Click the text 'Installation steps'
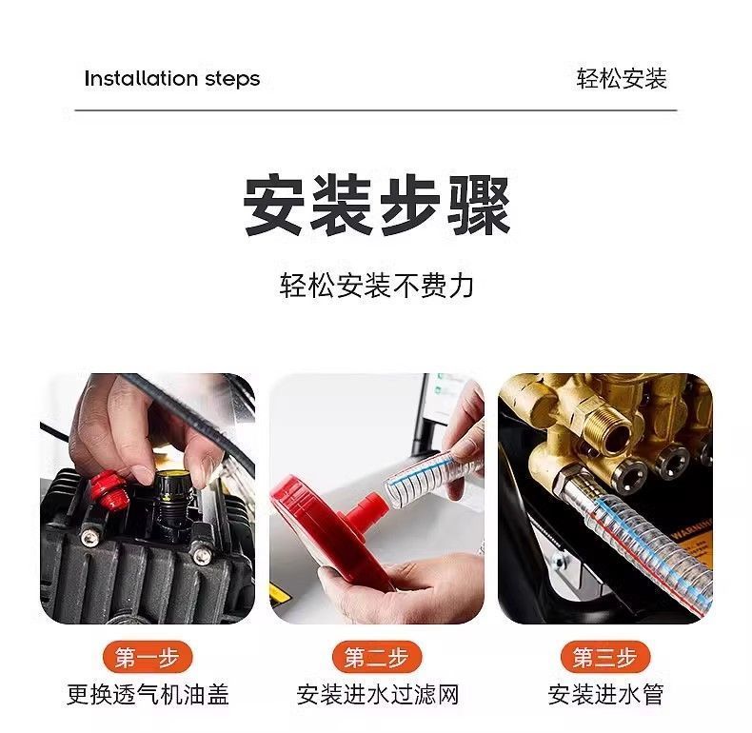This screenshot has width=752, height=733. [x=171, y=79]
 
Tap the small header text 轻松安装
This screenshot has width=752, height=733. [x=622, y=79]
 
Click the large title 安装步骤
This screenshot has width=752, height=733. [x=377, y=206]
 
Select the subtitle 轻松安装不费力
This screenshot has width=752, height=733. [x=377, y=286]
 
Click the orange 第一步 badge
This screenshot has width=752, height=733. [x=148, y=657]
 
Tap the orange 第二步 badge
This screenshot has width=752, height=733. [x=377, y=657]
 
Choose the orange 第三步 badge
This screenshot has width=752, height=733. [x=605, y=657]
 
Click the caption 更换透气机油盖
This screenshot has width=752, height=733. [x=148, y=694]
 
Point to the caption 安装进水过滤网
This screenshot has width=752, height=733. [x=378, y=694]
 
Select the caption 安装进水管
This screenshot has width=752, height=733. [x=605, y=694]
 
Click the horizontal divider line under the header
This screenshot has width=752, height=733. [x=376, y=110]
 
